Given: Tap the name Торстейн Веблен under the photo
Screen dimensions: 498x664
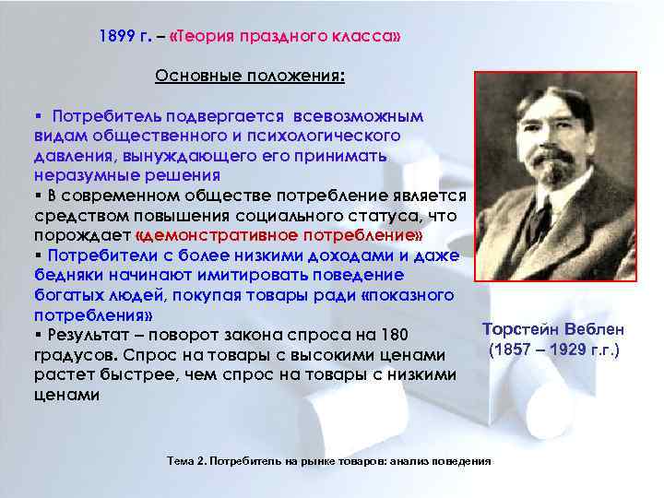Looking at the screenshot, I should (x=554, y=330).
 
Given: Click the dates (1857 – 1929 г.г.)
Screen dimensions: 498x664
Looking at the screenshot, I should (x=554, y=350).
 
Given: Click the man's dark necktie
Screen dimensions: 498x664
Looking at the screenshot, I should (x=539, y=222).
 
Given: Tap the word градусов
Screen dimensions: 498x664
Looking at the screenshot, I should (x=69, y=355).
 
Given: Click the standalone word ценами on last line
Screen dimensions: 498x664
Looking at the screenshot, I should (x=65, y=394).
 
